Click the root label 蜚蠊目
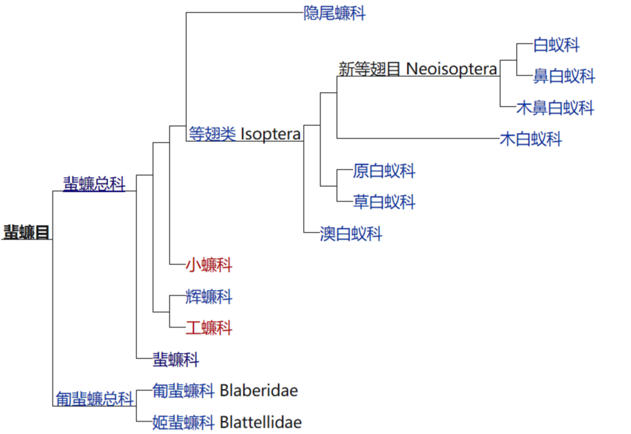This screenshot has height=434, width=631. point(26,233)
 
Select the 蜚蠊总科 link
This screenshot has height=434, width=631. point(94,184)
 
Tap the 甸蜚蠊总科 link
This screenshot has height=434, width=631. point(95,399)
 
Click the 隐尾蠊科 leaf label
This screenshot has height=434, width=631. point(334,13)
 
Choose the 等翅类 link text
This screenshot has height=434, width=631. point(213,134)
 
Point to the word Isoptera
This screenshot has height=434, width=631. point(271,134)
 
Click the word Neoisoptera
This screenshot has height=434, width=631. point(451,69)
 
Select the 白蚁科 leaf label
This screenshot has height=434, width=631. point(556,46)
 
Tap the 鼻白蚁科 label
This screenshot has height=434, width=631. point(564,76)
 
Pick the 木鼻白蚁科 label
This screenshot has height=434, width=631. point(556,108)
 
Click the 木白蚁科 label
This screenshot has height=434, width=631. point(531,140)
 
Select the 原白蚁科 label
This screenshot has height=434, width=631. point(384,171)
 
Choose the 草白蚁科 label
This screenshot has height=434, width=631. point(384,202)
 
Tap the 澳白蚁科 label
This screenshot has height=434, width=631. point(351,234)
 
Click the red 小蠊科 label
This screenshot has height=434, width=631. point(209,265)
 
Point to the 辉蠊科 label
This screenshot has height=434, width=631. point(209,297)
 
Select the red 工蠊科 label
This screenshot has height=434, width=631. point(209,328)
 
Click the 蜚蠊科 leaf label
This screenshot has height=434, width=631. point(176,359)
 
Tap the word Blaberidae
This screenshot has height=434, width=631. point(259,390)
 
